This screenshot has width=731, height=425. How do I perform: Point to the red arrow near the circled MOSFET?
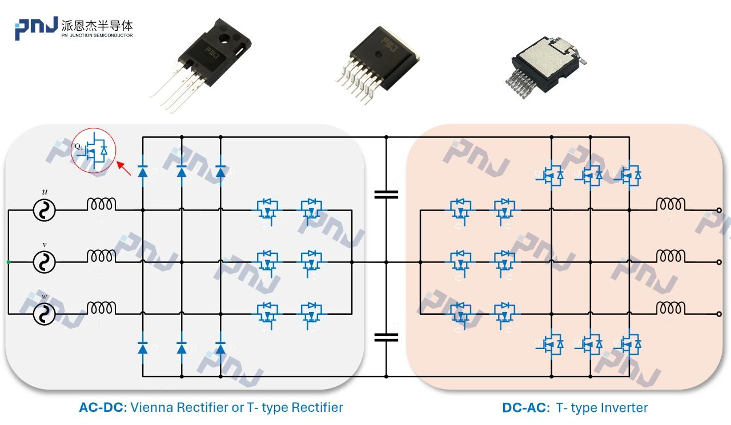pos(124,169)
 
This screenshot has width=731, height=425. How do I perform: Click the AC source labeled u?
pos(44,210)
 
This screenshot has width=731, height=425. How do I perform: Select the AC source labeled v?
pos(44,262)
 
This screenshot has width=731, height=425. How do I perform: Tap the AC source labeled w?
pos(44,314)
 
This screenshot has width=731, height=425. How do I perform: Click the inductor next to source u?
pos(101,204)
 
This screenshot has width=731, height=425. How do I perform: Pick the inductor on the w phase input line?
pos(101,308)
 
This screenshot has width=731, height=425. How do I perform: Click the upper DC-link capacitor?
pos(386,195)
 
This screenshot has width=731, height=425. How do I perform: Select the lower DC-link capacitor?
pos(386,337)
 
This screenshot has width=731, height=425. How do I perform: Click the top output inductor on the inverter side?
pos(670,204)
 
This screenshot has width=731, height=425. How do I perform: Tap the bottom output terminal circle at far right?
pos(719,314)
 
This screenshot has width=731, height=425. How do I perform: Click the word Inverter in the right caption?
pos(625,408)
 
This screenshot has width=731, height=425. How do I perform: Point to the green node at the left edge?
pos(8,262)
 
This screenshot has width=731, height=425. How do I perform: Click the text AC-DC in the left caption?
pos(103,408)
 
